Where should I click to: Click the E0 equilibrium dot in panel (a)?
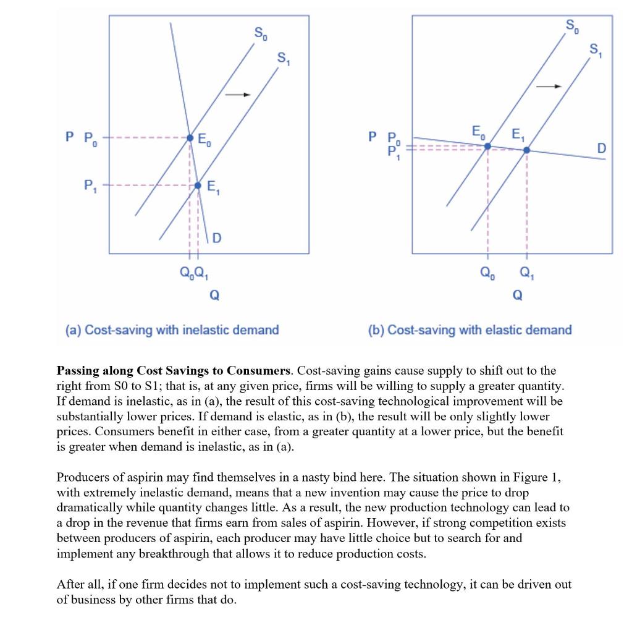tap(190, 137)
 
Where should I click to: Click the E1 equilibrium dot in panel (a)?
tap(198, 185)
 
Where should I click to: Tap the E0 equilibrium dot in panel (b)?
tap(487, 146)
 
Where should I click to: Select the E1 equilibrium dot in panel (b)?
tap(526, 150)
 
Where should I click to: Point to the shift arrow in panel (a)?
tap(237, 95)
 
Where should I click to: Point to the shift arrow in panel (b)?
tap(549, 87)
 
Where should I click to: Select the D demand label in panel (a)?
tap(217, 237)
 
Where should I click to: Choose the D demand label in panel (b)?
tap(601, 148)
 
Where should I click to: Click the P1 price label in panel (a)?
tap(90, 185)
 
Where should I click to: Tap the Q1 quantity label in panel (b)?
tap(526, 273)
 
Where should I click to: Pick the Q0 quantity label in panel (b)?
tap(487, 273)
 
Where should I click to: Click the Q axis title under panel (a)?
tap(214, 295)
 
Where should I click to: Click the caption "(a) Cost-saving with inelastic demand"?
tap(172, 330)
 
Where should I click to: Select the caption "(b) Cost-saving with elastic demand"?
tap(470, 330)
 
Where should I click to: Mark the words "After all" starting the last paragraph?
tap(78, 584)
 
